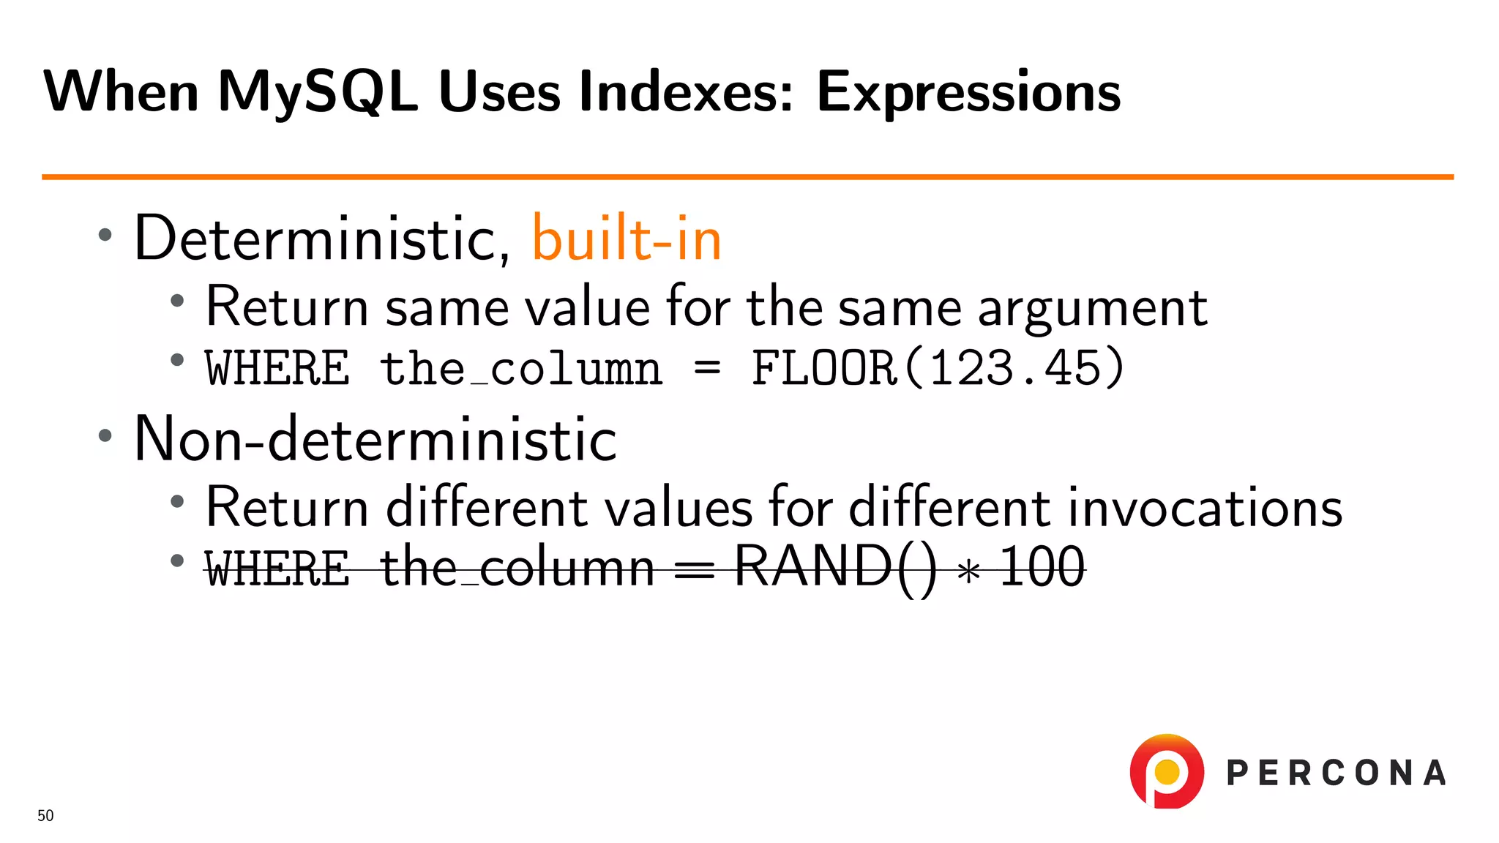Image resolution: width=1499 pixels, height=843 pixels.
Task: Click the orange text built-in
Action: point(627,239)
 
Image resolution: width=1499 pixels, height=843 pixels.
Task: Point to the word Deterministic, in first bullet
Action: point(322,239)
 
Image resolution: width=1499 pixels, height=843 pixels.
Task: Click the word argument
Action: point(1092,307)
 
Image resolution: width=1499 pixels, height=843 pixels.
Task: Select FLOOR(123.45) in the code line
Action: point(938,367)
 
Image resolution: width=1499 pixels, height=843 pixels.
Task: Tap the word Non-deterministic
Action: point(375,439)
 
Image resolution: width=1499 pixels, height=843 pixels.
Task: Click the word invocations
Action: point(1205,507)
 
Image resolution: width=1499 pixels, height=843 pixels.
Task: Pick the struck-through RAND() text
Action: point(834,566)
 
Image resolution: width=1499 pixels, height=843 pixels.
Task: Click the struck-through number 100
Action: point(1042,566)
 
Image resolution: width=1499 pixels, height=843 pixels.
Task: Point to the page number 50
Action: point(45,816)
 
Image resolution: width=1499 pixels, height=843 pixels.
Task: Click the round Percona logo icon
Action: point(1167,771)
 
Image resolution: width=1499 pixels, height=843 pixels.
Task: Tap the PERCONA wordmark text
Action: point(1336,773)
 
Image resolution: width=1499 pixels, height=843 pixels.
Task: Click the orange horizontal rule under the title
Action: point(747,176)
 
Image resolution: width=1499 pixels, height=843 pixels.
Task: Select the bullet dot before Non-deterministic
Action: point(105,436)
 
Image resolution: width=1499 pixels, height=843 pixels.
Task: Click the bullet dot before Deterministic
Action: point(105,235)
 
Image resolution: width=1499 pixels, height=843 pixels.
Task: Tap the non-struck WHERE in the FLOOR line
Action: point(277,367)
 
